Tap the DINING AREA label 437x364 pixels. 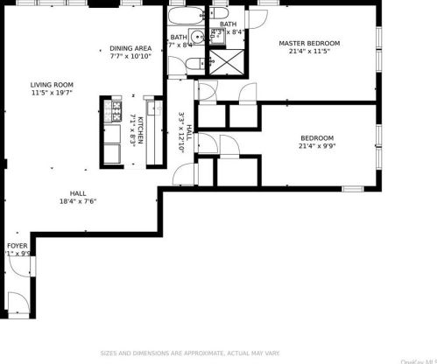click(131, 48)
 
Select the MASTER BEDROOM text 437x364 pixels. click(309, 43)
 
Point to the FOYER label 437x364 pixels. click(18, 246)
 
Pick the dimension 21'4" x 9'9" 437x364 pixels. click(316, 146)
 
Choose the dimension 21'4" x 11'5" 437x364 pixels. click(309, 52)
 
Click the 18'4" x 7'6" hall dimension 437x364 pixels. click(78, 201)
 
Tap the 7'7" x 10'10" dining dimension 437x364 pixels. click(131, 57)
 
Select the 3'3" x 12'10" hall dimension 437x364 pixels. click(182, 131)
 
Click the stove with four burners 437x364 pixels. click(113, 110)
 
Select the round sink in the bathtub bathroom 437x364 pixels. click(199, 38)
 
